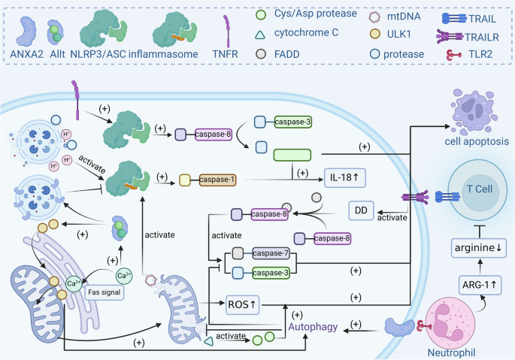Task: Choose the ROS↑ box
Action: coord(243,304)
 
